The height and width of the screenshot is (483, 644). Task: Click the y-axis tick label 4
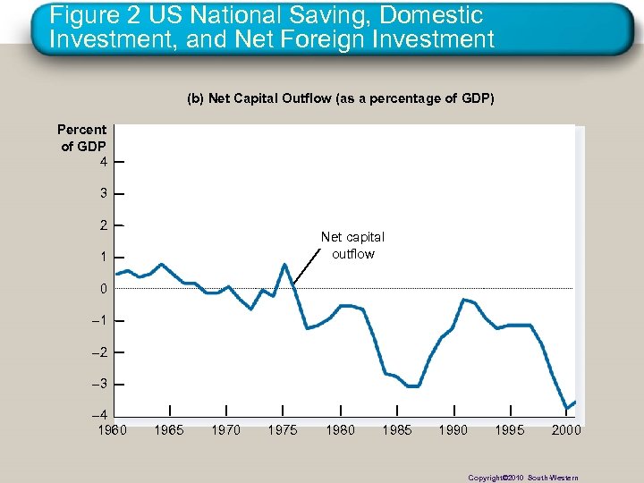[104, 162]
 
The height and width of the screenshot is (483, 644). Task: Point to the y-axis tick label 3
[104, 193]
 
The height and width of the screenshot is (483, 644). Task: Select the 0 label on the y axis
[104, 289]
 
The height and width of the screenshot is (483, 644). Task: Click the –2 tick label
[101, 352]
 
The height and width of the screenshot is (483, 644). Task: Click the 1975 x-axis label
[283, 430]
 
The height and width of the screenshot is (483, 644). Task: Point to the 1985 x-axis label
[397, 430]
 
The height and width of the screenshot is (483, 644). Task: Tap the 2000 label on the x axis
[566, 430]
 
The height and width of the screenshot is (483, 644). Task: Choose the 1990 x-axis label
[453, 430]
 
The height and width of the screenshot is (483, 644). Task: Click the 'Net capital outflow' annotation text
[352, 245]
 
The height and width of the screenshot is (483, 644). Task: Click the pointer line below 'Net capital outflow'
[307, 266]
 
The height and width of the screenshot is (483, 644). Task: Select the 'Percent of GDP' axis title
[82, 138]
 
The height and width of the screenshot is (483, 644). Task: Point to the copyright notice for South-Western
[523, 478]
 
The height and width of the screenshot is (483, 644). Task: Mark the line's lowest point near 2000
[566, 409]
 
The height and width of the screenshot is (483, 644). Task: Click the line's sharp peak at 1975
[284, 264]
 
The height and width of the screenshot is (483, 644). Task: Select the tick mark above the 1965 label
[170, 410]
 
